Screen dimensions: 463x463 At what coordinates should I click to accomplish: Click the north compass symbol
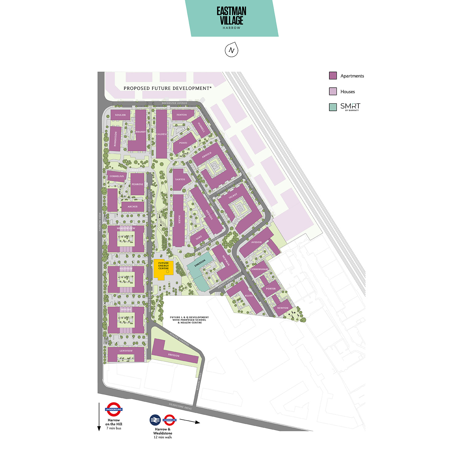[231, 50]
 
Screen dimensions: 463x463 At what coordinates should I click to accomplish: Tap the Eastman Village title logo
[231, 18]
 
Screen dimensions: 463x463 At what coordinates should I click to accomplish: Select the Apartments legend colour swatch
[333, 76]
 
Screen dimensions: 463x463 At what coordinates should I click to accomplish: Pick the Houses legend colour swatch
[333, 91]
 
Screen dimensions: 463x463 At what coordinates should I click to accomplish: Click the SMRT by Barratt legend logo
[350, 107]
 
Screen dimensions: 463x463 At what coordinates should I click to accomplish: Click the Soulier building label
[120, 115]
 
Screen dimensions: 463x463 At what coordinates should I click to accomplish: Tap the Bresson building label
[174, 355]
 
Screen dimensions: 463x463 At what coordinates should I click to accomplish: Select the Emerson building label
[200, 263]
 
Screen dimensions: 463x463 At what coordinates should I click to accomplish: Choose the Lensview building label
[126, 351]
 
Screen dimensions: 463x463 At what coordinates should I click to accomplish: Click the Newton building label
[282, 308]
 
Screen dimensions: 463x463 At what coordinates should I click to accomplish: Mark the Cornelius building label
[117, 176]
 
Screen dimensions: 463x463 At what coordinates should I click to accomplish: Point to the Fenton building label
[181, 115]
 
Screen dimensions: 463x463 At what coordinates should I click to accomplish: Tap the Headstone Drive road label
[180, 407]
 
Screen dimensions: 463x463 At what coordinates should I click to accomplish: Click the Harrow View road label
[100, 222]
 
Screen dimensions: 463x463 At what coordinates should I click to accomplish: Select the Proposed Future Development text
[168, 88]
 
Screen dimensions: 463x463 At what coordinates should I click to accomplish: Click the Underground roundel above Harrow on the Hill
[114, 409]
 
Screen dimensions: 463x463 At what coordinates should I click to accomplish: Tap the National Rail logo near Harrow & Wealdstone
[155, 420]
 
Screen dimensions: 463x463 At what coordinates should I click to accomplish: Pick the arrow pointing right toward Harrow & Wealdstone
[190, 421]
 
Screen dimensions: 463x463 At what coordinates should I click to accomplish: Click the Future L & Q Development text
[189, 320]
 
